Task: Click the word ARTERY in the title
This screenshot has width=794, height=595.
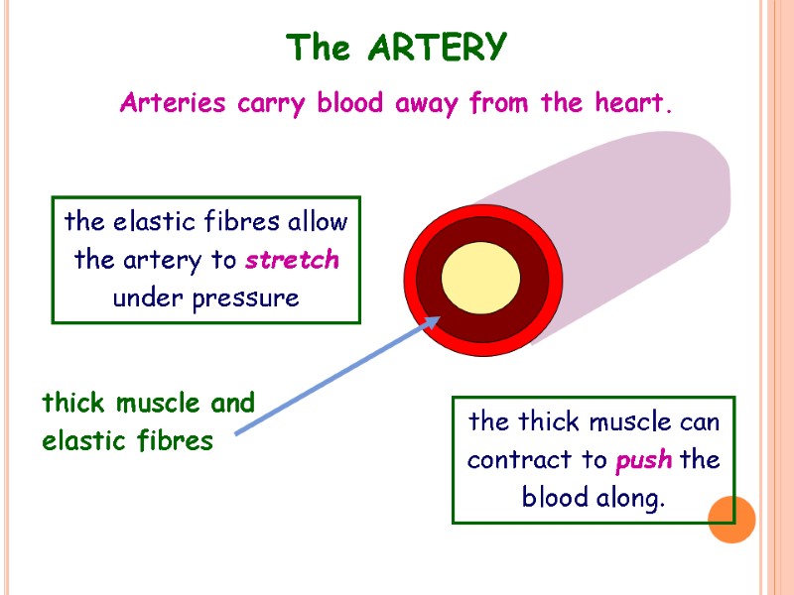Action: pyautogui.click(x=437, y=48)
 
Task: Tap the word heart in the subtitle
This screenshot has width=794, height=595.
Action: pyautogui.click(x=632, y=102)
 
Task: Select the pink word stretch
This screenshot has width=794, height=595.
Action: pyautogui.click(x=292, y=260)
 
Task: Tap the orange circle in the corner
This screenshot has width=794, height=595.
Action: pyautogui.click(x=731, y=520)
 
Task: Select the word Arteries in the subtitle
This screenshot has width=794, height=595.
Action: pyautogui.click(x=175, y=102)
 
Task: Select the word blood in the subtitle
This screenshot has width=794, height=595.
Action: pyautogui.click(x=350, y=102)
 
